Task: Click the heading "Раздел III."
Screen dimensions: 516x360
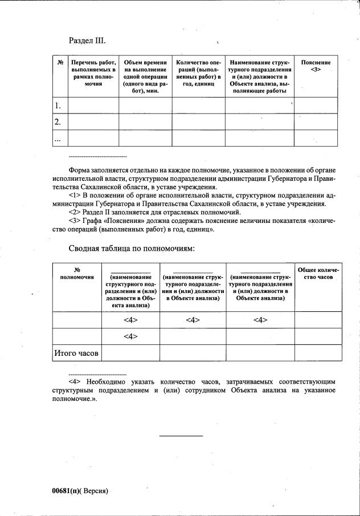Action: pos(87,40)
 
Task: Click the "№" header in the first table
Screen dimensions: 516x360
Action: pos(60,62)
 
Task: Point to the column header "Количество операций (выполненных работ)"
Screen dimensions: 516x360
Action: pos(198,73)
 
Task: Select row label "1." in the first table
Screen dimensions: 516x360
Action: pos(58,105)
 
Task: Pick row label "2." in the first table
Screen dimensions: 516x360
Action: pos(58,121)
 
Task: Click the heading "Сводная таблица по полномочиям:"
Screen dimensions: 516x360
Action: pos(132,249)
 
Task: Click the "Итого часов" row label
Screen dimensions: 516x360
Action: pos(76,354)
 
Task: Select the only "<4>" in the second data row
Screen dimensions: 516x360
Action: pos(131,337)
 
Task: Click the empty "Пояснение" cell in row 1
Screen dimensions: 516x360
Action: pos(316,105)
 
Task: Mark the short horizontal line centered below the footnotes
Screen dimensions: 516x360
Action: pos(181,436)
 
